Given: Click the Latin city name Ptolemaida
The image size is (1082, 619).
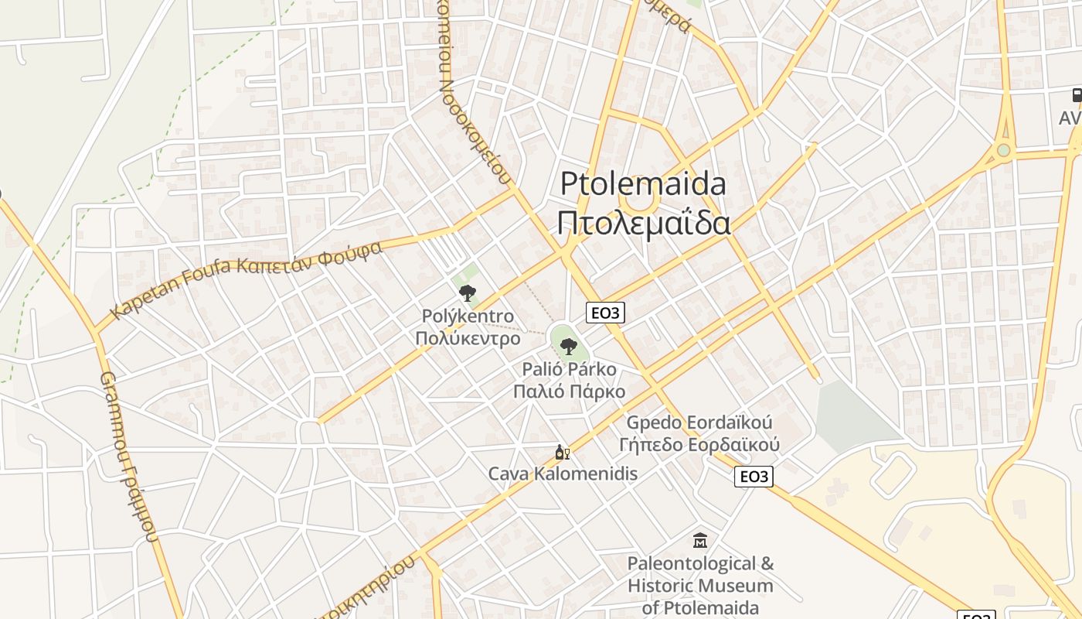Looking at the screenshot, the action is tap(643, 184).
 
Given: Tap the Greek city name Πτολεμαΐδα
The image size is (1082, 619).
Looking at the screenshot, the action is tap(643, 222).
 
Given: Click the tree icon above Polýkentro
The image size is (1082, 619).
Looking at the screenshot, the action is tap(467, 292).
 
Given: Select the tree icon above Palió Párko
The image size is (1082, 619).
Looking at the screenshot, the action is tap(568, 346).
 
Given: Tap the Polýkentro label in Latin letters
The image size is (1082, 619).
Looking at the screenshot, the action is tap(468, 316).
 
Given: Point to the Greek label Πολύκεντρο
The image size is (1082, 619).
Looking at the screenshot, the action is tap(468, 338).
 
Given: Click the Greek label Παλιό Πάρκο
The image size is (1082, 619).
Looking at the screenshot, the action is tap(570, 391).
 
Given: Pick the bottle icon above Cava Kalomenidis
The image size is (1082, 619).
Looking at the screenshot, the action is tap(562, 453).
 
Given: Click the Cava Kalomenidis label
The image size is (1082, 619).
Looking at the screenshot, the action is tap(563, 474).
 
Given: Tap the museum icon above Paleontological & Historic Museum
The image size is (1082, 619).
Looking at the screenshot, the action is tap(700, 540).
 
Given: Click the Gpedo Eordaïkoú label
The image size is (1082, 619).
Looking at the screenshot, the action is tap(699, 423).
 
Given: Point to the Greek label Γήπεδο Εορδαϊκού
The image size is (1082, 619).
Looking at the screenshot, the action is tap(699, 445).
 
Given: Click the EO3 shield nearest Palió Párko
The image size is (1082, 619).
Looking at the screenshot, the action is tap(605, 313).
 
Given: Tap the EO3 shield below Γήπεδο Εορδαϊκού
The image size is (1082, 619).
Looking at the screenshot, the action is tap(754, 476).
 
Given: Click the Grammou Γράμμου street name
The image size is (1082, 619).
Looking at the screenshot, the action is tap(129, 457).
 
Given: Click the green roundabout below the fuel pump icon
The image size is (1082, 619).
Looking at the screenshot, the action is tap(1003, 150).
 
